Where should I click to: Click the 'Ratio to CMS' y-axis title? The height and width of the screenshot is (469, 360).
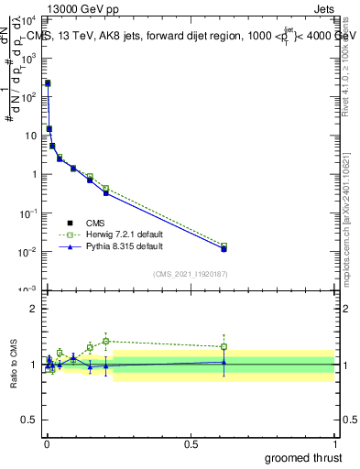(x=15, y=364)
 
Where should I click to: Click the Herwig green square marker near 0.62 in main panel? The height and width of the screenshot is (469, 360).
(x=224, y=245)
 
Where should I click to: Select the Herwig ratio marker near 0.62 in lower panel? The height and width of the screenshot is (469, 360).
(x=224, y=346)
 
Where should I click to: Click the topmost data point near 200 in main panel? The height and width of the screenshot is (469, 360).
(x=48, y=83)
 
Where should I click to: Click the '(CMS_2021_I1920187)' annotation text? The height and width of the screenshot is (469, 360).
(x=191, y=273)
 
